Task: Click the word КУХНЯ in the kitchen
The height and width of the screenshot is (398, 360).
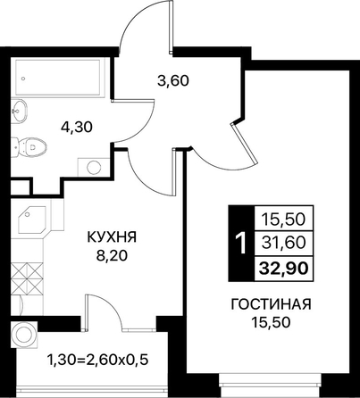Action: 112,237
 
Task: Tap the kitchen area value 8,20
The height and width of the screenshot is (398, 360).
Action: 112,255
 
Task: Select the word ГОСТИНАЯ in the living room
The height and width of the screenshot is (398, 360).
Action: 271,304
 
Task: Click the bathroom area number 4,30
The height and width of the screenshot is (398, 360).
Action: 77,128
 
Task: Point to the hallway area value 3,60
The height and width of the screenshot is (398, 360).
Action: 173,80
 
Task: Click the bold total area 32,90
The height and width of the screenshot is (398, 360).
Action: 283,269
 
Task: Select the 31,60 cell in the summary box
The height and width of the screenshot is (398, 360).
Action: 283,243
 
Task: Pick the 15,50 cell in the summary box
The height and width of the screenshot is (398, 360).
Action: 283,220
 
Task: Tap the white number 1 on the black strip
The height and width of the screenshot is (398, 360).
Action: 241,244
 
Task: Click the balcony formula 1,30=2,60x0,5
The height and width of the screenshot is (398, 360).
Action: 97,361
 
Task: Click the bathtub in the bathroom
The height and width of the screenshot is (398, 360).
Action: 57,78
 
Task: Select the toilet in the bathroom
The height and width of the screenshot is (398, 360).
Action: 29,146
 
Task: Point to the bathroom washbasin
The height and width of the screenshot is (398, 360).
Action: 20,111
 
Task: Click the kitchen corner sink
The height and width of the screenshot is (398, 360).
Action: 32,220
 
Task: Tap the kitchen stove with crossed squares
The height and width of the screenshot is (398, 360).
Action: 28,278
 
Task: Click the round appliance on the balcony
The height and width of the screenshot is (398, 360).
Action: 24,334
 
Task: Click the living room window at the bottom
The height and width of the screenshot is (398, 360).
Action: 269,381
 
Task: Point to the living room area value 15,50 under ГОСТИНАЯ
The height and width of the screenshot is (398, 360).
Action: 271,322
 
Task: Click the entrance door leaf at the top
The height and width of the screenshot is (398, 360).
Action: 171,27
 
